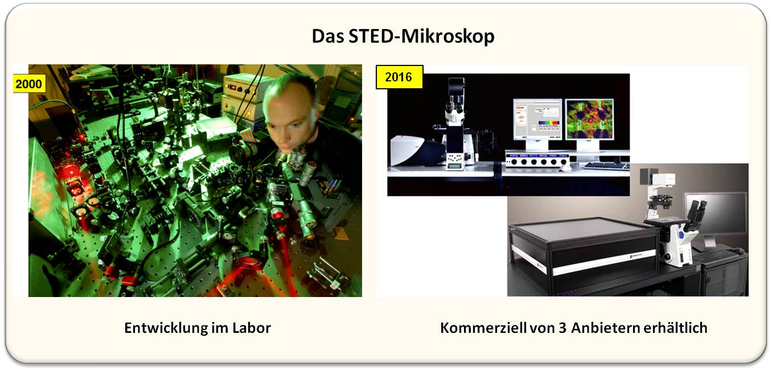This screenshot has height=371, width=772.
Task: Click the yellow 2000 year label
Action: pos(29,84)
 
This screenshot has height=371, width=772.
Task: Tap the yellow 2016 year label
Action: pos(399,77)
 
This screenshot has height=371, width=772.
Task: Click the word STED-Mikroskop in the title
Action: pos(421,36)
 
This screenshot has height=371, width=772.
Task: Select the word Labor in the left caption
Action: pos(252,328)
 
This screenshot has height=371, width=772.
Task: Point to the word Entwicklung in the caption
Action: pos(166,328)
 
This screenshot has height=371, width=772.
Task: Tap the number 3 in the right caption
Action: pos(562,328)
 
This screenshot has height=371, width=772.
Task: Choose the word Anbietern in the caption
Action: pos(606,328)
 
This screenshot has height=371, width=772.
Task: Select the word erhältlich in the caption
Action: pos(675,328)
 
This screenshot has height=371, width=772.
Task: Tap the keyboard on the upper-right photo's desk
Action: pos(607,166)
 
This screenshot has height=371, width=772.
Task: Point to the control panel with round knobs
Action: pos(537,160)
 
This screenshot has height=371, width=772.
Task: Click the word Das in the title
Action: pos(328,36)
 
